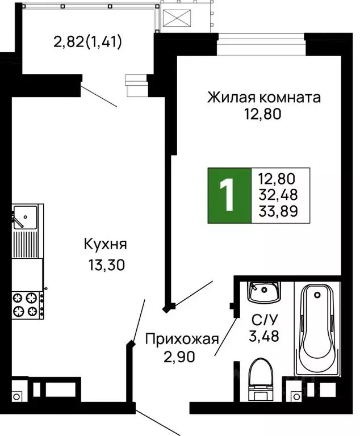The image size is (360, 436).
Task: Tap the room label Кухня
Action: point(105,245)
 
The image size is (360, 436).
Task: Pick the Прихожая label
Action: point(182,339)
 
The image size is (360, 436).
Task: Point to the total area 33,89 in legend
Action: point(279,213)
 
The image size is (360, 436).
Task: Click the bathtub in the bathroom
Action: point(316,329)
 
